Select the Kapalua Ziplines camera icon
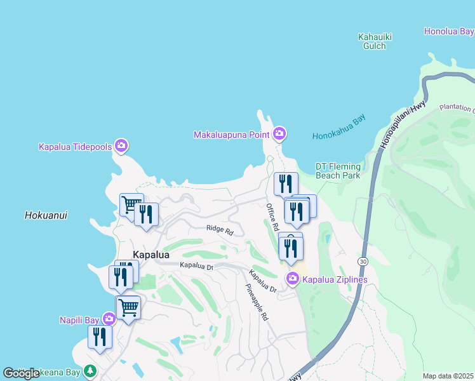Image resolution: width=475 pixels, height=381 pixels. tap(293, 278)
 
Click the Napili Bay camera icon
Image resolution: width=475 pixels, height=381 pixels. tap(109, 319)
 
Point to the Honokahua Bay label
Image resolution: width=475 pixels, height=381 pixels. tap(339, 136)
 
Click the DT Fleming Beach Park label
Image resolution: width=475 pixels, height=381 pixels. tap(338, 171)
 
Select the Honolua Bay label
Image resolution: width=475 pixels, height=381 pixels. tap(449, 31)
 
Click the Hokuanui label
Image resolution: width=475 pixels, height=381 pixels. tap(46, 215)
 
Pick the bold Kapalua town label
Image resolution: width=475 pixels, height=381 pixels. tap(151, 255)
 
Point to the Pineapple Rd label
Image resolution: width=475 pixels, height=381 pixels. tap(257, 300)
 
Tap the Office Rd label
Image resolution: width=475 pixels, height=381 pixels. tap(272, 217)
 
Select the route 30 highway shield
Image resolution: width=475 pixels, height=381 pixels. tap(362, 261)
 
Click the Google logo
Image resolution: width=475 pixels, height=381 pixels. tap(22, 373)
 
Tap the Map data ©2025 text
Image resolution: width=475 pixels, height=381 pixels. tap(448, 376)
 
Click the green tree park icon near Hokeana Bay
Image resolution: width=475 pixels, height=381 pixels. tap(90, 370)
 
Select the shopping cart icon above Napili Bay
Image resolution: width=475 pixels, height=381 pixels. tap(128, 308)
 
